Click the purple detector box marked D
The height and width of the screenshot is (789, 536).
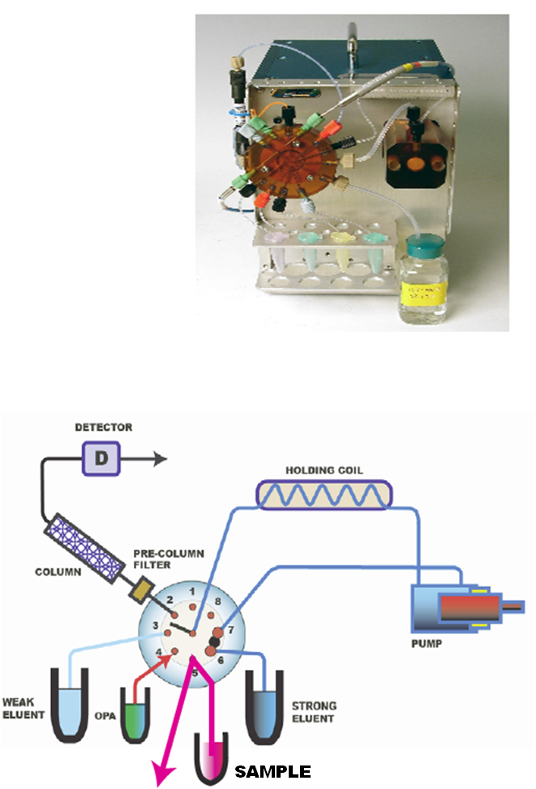pos(101,459)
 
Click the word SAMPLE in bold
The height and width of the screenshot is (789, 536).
pos(272,770)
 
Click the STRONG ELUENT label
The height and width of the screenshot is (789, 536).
pos(312,712)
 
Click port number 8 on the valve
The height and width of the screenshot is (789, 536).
pos(217,602)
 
